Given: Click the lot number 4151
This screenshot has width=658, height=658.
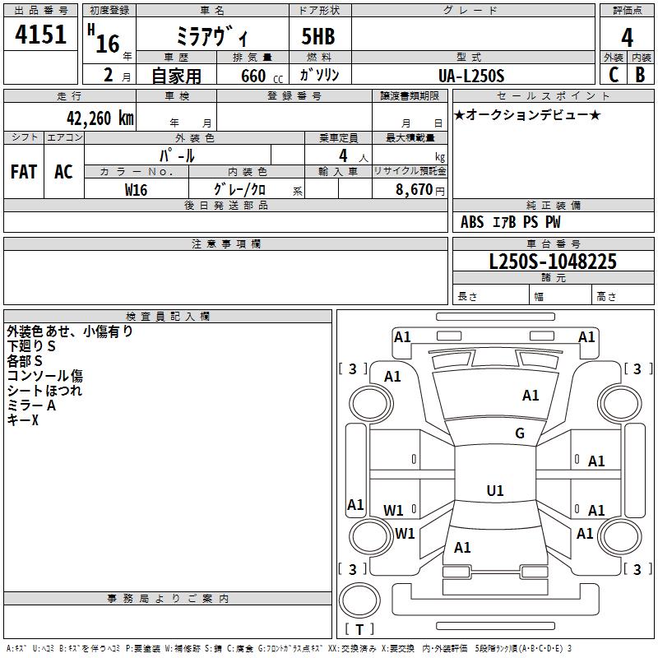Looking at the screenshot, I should tap(41, 36).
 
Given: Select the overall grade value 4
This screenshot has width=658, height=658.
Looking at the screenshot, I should tap(627, 38).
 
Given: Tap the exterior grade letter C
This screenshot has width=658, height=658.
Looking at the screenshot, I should tap(613, 75).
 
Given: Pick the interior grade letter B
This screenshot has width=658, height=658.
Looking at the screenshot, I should tap(640, 75).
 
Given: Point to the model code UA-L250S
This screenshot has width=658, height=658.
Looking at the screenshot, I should tap(472, 75).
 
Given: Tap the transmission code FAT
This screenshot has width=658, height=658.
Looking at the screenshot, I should tap(23, 171).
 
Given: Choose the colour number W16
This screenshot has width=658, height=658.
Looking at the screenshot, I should tap(137, 189).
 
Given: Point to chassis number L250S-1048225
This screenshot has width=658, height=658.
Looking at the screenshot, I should tap(553, 262).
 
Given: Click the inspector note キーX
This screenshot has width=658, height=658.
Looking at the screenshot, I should tap(23, 420).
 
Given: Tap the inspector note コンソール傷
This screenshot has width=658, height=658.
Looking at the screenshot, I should tap(44, 376).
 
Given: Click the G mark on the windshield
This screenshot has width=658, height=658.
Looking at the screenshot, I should tap(520, 433).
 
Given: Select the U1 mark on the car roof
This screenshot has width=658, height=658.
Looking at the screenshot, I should tap(494, 491).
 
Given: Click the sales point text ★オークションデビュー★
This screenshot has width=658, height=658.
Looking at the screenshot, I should tap(527, 114).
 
